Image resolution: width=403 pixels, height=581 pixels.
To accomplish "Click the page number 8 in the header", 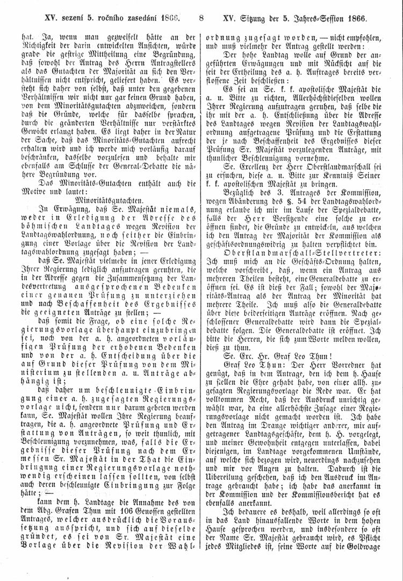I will coord(201,18).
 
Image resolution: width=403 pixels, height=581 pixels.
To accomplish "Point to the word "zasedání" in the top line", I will coord(141,18).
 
